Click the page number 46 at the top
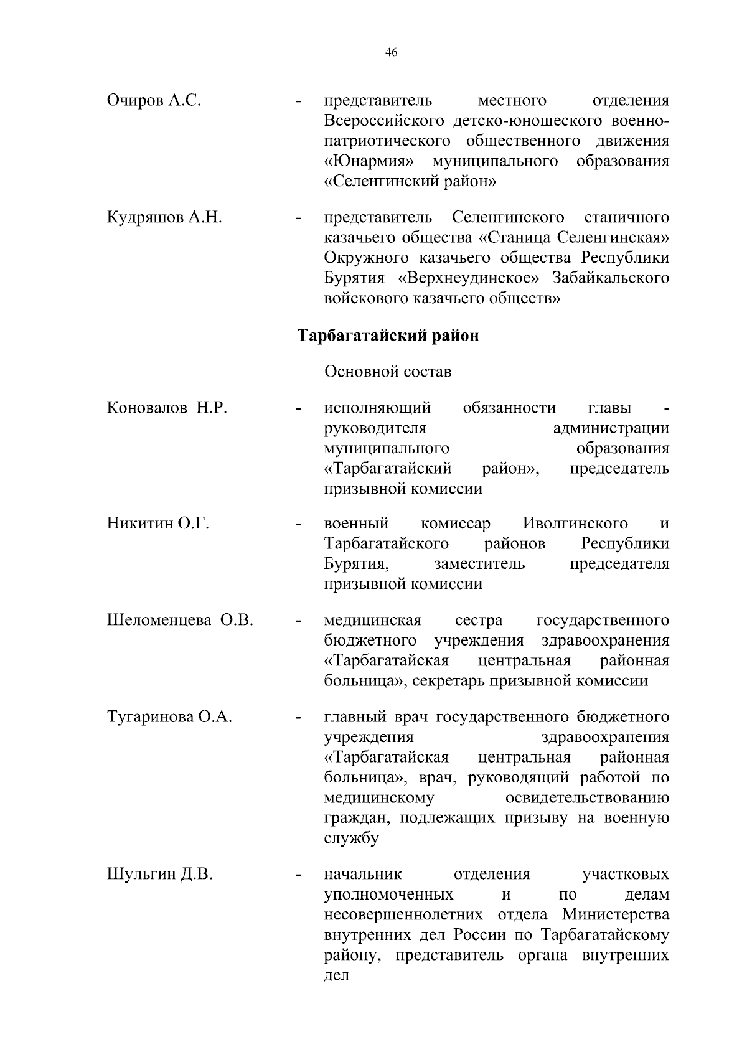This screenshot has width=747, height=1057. pos(391,52)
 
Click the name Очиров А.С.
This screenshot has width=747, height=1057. pos(154,100)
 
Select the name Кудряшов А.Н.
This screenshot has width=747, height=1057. pos(165,217)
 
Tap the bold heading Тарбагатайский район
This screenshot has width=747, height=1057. pos(388,336)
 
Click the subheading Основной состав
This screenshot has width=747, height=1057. pos(388,372)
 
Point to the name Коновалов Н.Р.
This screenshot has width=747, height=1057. pos(167,408)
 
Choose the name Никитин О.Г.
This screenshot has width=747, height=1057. pos(158,524)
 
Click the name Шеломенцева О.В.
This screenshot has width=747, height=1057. pos(181,620)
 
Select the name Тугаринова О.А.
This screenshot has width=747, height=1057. pos(170,717)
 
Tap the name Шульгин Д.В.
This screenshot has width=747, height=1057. pos(160,875)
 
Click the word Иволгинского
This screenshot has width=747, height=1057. pos(575,524)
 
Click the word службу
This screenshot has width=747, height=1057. pos(351,839)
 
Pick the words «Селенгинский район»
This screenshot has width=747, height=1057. pos(410,181)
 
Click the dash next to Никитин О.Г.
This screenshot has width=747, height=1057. pos(299,525)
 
